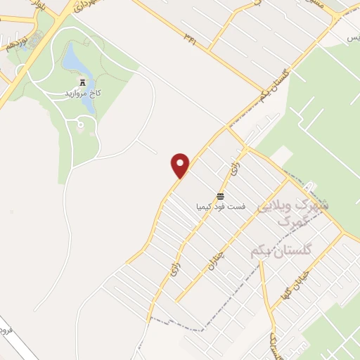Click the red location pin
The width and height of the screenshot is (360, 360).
coord(181,165)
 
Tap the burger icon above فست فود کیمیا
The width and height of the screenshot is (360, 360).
coord(221,195)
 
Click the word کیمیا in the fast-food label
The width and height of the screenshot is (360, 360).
coord(204,206)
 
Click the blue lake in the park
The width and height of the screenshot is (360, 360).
coord(77,63)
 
